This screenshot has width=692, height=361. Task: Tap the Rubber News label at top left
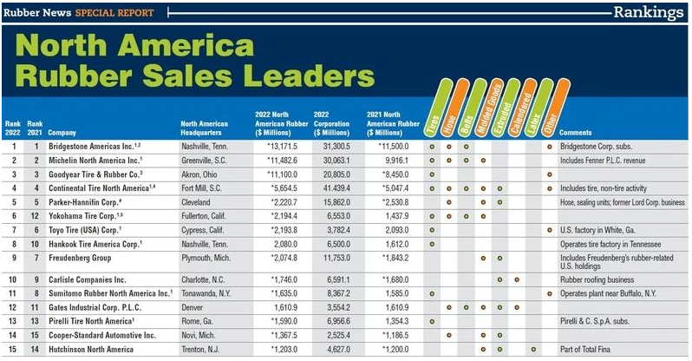pyautogui.click(x=35, y=13)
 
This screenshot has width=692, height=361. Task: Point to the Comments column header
pyautogui.click(x=576, y=133)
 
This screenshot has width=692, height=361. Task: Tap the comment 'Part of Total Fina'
pyautogui.click(x=591, y=349)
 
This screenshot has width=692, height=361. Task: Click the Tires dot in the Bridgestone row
pyautogui.click(x=431, y=147)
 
